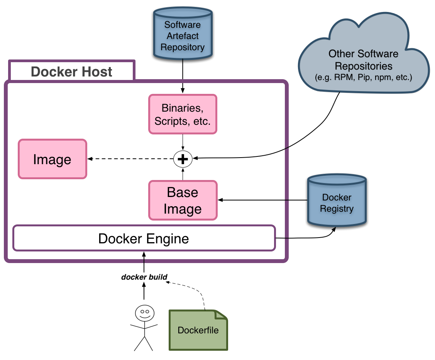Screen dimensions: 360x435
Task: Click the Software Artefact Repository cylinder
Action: click(183, 36)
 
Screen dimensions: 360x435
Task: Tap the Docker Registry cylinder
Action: click(337, 201)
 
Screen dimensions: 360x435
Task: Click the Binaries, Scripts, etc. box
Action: click(183, 114)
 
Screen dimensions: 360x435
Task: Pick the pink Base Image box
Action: click(183, 200)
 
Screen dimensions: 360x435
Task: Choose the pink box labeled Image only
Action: click(52, 159)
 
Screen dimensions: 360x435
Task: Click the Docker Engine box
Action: click(144, 238)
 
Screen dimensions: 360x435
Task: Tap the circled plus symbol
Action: click(183, 159)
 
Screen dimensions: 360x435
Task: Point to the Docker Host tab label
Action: click(71, 71)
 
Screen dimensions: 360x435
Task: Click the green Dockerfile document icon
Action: click(198, 330)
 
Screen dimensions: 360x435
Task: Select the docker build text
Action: click(144, 277)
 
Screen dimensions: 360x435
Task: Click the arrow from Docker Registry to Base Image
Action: click(262, 200)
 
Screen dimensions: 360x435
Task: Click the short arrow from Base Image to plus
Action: click(183, 174)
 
